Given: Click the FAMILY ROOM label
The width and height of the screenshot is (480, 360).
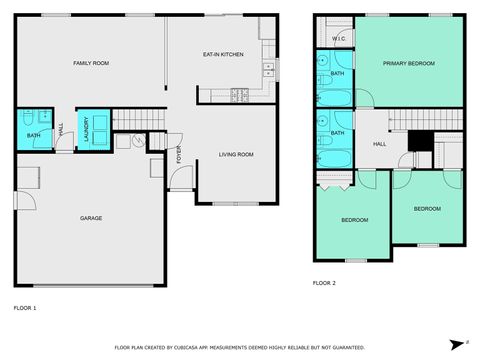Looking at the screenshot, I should click(x=91, y=64).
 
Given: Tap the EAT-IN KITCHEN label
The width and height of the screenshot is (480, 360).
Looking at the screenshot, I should click(x=223, y=54).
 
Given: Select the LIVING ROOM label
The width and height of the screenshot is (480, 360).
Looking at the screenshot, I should click(x=236, y=154).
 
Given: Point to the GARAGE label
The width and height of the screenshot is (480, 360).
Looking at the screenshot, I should click(x=91, y=218).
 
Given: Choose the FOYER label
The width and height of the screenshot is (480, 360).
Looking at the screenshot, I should click(x=180, y=156).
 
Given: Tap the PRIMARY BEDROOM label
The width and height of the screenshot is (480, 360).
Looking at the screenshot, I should click(x=409, y=63).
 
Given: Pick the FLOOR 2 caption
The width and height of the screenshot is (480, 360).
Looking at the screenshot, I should click(x=324, y=283).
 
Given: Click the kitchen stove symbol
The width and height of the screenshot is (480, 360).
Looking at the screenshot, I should click(x=239, y=95).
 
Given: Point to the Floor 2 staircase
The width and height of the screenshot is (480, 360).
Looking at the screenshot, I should click(x=428, y=120).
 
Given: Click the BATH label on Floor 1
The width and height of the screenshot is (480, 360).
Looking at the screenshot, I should click(x=33, y=135).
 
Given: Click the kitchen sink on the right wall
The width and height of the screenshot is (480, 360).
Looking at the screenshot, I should click(x=267, y=70).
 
